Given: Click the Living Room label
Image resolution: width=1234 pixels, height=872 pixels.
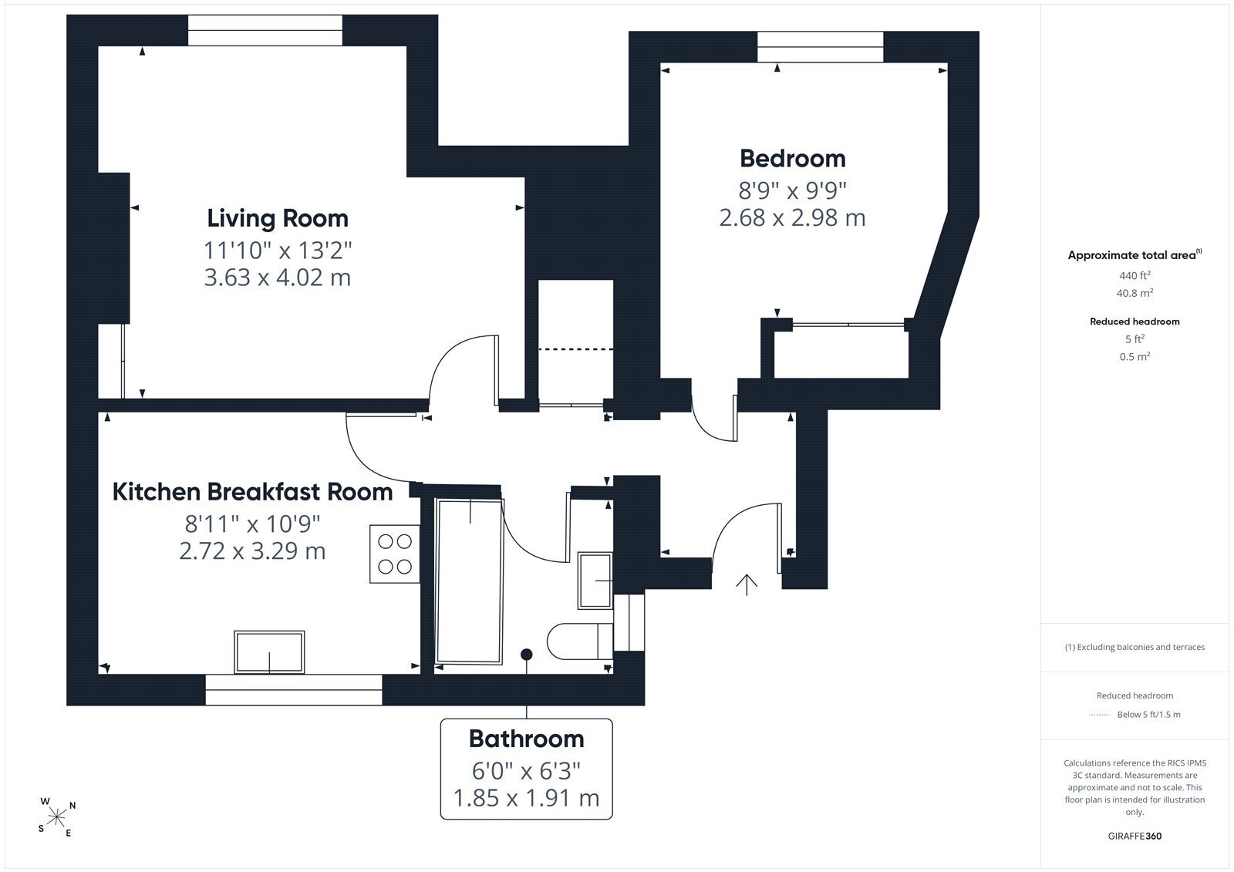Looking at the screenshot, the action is [x=278, y=219].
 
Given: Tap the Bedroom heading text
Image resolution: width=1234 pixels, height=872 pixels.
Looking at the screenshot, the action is [x=793, y=159].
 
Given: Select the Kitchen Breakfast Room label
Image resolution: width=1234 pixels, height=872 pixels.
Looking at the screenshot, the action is [x=252, y=492].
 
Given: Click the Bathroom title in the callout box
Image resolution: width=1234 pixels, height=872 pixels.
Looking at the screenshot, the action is [x=526, y=739].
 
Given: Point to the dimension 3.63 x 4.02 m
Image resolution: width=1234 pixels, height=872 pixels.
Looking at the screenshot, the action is [x=278, y=277].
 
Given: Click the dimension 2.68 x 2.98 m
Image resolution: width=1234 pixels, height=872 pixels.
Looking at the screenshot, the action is [x=792, y=217].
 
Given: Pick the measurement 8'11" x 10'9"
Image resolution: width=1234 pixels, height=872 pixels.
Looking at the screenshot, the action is [x=252, y=524].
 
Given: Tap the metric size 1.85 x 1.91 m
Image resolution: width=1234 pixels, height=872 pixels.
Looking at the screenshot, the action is [x=526, y=798].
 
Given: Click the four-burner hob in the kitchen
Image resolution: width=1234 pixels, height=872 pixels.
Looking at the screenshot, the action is [x=394, y=554].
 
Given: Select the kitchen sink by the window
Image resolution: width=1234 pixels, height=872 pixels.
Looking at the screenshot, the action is [x=269, y=651].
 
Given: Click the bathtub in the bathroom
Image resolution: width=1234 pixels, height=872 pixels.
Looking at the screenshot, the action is [x=469, y=581].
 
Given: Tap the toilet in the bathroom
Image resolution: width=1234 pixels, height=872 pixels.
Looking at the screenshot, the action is [x=580, y=641].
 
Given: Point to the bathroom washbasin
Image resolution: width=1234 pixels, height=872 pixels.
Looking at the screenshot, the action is [x=595, y=581].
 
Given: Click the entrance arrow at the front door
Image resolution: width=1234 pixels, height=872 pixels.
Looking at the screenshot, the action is [x=747, y=585].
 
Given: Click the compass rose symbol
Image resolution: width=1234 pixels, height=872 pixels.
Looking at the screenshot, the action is [x=57, y=817].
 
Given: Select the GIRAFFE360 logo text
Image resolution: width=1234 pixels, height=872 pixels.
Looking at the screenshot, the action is [x=1135, y=836].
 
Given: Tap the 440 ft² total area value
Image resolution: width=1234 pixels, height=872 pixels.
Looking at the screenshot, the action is [x=1135, y=275].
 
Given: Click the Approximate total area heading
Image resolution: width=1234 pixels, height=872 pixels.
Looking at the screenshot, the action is [x=1135, y=254].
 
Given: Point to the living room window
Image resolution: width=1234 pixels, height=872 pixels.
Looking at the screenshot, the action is [x=265, y=30].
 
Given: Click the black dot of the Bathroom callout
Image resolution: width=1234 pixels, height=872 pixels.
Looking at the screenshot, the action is [x=527, y=655].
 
